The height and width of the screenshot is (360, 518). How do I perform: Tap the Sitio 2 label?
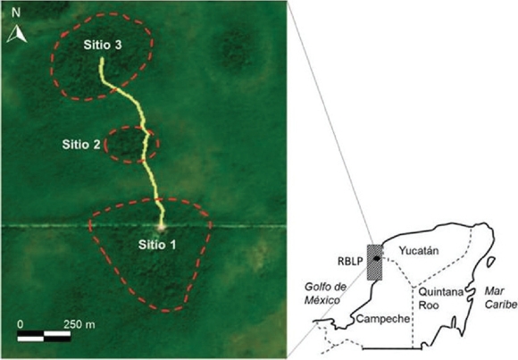(x=81, y=144)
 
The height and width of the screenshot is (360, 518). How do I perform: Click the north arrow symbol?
(x=15, y=35)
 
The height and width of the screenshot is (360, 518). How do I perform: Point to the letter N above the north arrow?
(x=15, y=15)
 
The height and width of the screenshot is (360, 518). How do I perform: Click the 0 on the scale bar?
(x=20, y=322)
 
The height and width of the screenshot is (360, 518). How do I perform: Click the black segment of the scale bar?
(x=32, y=336)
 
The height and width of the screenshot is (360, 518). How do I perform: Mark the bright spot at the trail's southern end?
(x=163, y=226)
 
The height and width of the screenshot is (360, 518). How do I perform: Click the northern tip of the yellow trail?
(x=100, y=59)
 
